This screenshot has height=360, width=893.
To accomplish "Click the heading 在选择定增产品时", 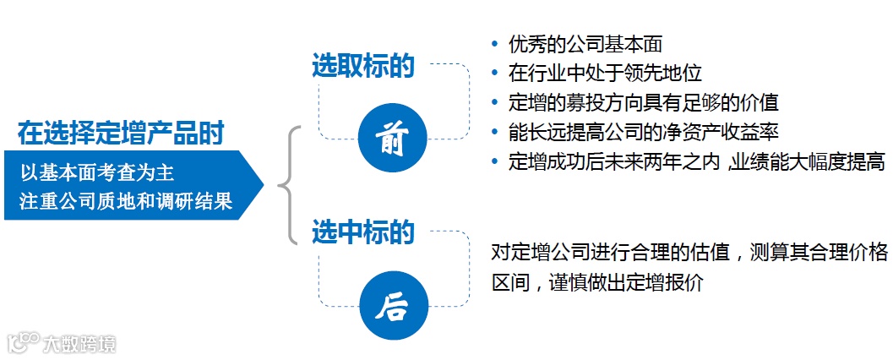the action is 122,133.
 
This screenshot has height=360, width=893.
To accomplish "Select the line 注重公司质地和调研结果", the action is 126,202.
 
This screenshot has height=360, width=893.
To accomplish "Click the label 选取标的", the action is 362,66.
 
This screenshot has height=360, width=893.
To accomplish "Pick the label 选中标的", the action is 362,232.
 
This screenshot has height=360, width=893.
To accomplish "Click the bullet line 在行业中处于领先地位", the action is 605,73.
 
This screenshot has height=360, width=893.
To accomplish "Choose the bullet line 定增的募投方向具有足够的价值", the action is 643,102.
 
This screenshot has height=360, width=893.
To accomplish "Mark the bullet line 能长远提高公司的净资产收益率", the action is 643,132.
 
